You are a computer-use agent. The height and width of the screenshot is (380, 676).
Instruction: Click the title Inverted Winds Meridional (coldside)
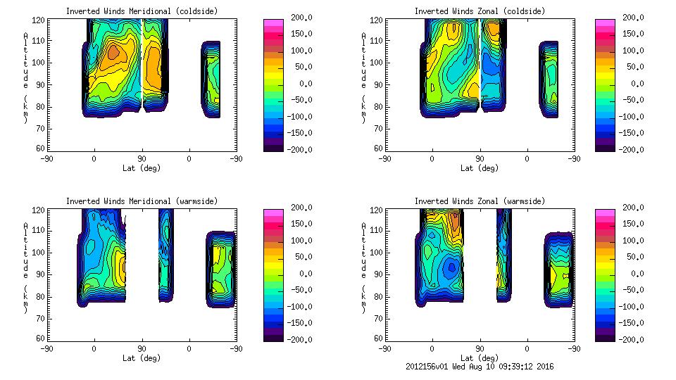(x=142, y=11)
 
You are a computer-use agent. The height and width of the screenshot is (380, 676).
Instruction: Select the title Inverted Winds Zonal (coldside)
(x=480, y=11)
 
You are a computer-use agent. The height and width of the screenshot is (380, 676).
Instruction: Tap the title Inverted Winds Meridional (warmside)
(x=142, y=201)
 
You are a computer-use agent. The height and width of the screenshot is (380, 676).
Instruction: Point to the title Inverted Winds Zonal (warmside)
(x=480, y=201)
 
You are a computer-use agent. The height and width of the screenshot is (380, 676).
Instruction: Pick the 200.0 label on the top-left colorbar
(x=299, y=17)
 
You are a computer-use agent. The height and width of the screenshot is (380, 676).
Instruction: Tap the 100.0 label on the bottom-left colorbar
(x=299, y=240)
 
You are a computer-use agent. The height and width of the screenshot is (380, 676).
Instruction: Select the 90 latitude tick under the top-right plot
(x=480, y=158)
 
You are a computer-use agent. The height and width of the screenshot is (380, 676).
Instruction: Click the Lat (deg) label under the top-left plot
(x=142, y=167)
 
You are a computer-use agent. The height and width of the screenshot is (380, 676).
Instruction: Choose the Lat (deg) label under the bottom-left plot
(x=142, y=357)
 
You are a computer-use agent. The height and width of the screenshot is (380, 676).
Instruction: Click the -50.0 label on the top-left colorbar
(x=299, y=100)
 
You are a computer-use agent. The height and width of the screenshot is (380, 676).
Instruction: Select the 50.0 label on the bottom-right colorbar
(x=634, y=257)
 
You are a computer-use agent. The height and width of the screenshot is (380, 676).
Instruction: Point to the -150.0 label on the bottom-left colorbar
(x=299, y=323)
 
